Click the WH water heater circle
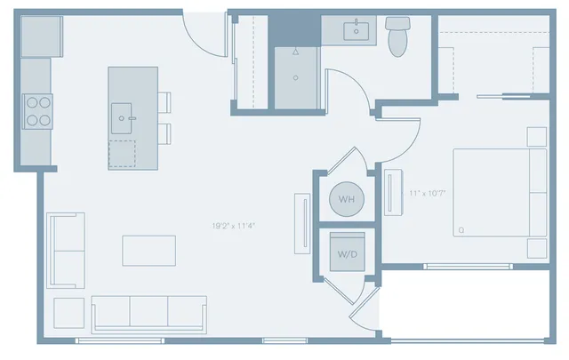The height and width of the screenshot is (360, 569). (x=347, y=199)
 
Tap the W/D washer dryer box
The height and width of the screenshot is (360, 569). (x=348, y=252)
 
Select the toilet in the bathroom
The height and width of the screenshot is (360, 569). (x=397, y=36)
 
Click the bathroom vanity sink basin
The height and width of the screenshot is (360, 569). (x=356, y=31)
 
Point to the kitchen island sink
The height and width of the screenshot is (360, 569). (x=122, y=118)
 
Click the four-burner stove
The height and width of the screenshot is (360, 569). (x=37, y=111)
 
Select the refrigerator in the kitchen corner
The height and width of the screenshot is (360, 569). (x=42, y=36)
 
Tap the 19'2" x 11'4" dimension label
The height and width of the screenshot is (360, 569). (x=234, y=226)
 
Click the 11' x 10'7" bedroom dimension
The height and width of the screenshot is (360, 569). (x=427, y=193)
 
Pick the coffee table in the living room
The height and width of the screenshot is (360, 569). (x=149, y=251)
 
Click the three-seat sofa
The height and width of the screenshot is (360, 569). (x=149, y=315)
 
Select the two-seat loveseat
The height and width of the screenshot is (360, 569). (x=66, y=251)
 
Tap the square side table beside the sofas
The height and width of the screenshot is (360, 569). (x=69, y=313)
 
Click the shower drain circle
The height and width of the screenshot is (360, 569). (x=296, y=77)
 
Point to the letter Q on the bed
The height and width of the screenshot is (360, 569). (x=461, y=230)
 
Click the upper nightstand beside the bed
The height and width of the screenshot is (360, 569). (x=537, y=137)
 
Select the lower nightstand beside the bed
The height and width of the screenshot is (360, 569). (x=537, y=249)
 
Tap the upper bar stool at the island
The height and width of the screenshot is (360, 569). (x=164, y=102)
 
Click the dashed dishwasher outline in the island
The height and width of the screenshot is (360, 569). (x=122, y=154)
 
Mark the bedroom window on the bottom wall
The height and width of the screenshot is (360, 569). (x=469, y=267)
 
